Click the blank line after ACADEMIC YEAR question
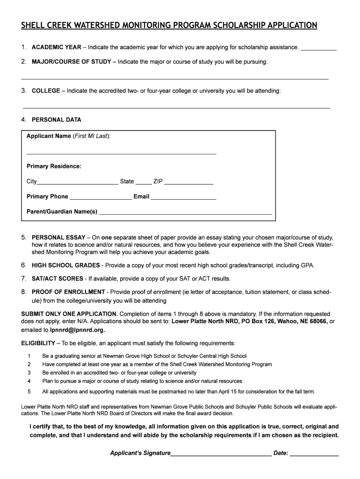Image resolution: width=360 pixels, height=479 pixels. (x=318, y=49)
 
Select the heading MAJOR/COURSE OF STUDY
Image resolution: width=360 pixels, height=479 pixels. (x=71, y=62)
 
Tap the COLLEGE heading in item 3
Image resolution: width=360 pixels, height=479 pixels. (x=46, y=91)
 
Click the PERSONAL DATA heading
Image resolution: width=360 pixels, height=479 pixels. (x=56, y=120)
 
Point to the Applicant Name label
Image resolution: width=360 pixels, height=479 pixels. (x=49, y=136)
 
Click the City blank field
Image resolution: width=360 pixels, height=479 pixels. (x=78, y=183)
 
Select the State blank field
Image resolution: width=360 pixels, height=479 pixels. (x=144, y=183)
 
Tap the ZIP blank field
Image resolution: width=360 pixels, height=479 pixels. (x=189, y=183)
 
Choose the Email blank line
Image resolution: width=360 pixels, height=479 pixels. (x=184, y=198)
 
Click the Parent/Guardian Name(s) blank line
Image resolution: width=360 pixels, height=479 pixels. (x=186, y=213)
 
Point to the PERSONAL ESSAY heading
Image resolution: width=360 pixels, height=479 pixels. (x=58, y=237)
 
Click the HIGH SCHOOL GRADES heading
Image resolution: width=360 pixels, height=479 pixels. (x=65, y=265)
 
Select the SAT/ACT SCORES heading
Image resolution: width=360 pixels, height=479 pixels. (x=58, y=279)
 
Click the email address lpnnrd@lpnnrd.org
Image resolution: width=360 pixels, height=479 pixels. (x=77, y=329)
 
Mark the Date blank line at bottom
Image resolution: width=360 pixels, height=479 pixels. (x=314, y=454)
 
